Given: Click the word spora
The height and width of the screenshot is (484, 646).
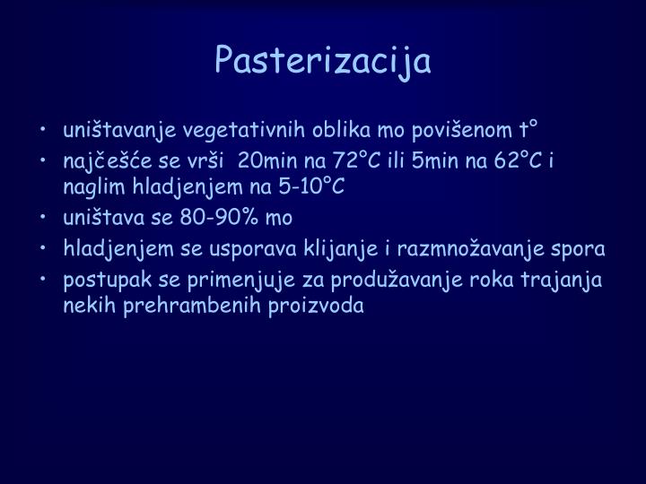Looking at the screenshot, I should tap(583, 248).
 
